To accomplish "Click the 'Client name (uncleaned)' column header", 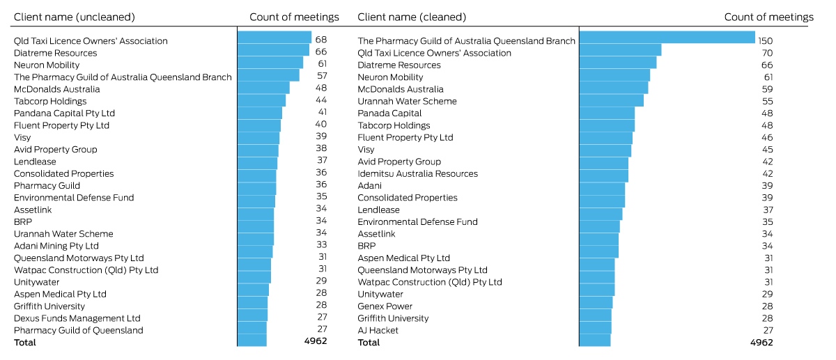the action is [75, 17].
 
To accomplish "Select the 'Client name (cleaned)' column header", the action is [412, 17].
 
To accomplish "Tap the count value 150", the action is [765, 40].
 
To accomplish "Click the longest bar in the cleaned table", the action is [667, 38].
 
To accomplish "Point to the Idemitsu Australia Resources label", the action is [417, 173].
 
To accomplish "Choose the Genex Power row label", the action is [385, 306].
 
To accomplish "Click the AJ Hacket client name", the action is [378, 330].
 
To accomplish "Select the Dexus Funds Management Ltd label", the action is [77, 318].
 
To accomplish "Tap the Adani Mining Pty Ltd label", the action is [56, 246].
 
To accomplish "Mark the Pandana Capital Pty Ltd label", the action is [64, 113].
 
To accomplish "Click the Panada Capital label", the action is [389, 113].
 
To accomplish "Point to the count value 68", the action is [321, 39].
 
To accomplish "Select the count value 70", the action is [767, 53].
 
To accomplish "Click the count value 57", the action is [322, 76].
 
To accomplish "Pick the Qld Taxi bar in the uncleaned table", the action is [274, 38].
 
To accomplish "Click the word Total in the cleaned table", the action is [369, 343].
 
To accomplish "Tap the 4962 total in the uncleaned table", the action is [316, 341].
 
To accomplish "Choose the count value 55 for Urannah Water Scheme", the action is [767, 101].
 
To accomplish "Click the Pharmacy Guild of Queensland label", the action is [78, 330].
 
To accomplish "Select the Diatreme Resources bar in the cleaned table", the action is [618, 62].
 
